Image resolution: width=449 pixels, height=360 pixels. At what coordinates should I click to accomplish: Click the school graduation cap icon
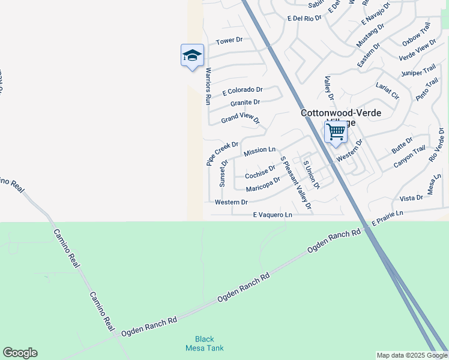192,56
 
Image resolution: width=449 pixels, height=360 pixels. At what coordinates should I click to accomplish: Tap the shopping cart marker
336,131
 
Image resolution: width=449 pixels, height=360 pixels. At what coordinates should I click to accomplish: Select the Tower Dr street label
229,41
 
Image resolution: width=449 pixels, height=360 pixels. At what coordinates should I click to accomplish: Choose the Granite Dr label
245,103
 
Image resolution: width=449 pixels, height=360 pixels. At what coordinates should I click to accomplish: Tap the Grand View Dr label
240,118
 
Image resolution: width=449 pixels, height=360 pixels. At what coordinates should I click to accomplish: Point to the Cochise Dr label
260,172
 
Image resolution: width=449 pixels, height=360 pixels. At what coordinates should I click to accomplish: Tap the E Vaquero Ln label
272,214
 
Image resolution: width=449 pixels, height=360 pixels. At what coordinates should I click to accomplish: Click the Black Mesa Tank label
204,343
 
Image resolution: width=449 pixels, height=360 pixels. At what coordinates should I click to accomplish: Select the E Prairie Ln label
387,218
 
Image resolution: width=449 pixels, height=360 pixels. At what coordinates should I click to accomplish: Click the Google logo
20,353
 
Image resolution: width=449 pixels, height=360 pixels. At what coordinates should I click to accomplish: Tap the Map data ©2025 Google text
412,355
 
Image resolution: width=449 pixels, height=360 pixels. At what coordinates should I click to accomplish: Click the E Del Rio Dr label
304,19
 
